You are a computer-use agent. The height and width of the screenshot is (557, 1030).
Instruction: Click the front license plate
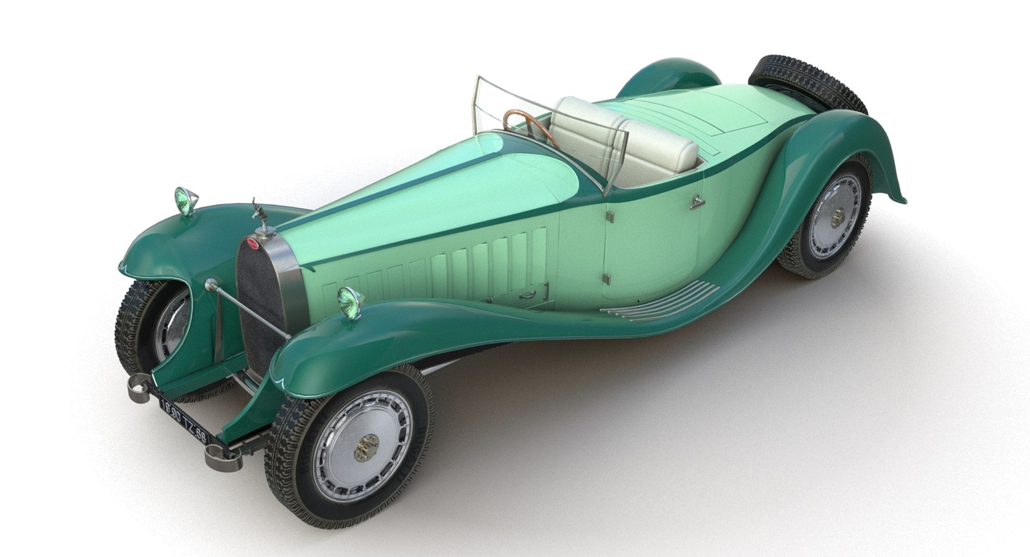pyautogui.click(x=183, y=419)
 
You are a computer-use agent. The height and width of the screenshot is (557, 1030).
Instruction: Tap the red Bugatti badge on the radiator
pyautogui.click(x=253, y=244)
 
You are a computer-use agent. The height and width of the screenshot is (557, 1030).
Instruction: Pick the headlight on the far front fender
pyautogui.click(x=185, y=200)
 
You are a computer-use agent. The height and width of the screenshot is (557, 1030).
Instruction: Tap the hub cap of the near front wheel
pyautogui.click(x=366, y=447)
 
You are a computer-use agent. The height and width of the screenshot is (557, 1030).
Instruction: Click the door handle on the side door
pyautogui.click(x=697, y=202)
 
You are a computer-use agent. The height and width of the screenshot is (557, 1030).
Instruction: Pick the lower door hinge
pyautogui.click(x=606, y=279)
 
